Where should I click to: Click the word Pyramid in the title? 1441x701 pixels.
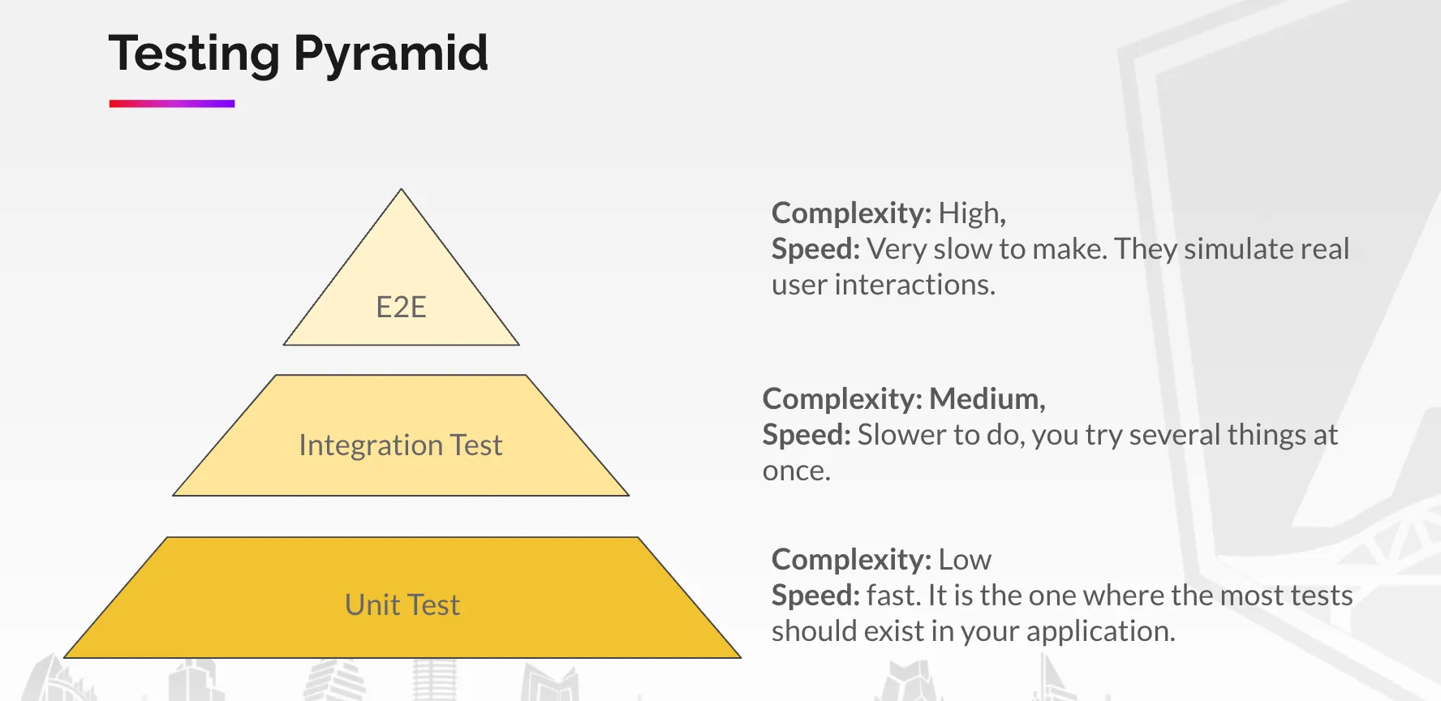point(390,54)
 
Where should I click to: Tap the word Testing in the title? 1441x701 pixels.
point(194,54)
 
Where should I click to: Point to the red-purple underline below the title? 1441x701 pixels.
point(172,104)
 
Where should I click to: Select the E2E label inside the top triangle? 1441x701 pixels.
point(401,307)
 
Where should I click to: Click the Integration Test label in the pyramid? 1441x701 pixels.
point(401,445)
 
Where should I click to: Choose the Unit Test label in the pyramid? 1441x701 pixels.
point(402,605)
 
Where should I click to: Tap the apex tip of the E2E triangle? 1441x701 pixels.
point(401,191)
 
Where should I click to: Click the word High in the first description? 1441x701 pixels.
point(971,213)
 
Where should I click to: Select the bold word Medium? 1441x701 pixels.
point(986,399)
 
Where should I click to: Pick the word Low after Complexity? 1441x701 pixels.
point(965,560)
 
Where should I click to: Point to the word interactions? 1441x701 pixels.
point(914,285)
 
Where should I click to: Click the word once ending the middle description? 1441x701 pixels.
point(795,471)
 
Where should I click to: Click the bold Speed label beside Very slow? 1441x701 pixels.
point(815,249)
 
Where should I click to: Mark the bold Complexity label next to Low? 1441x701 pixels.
point(850,560)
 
